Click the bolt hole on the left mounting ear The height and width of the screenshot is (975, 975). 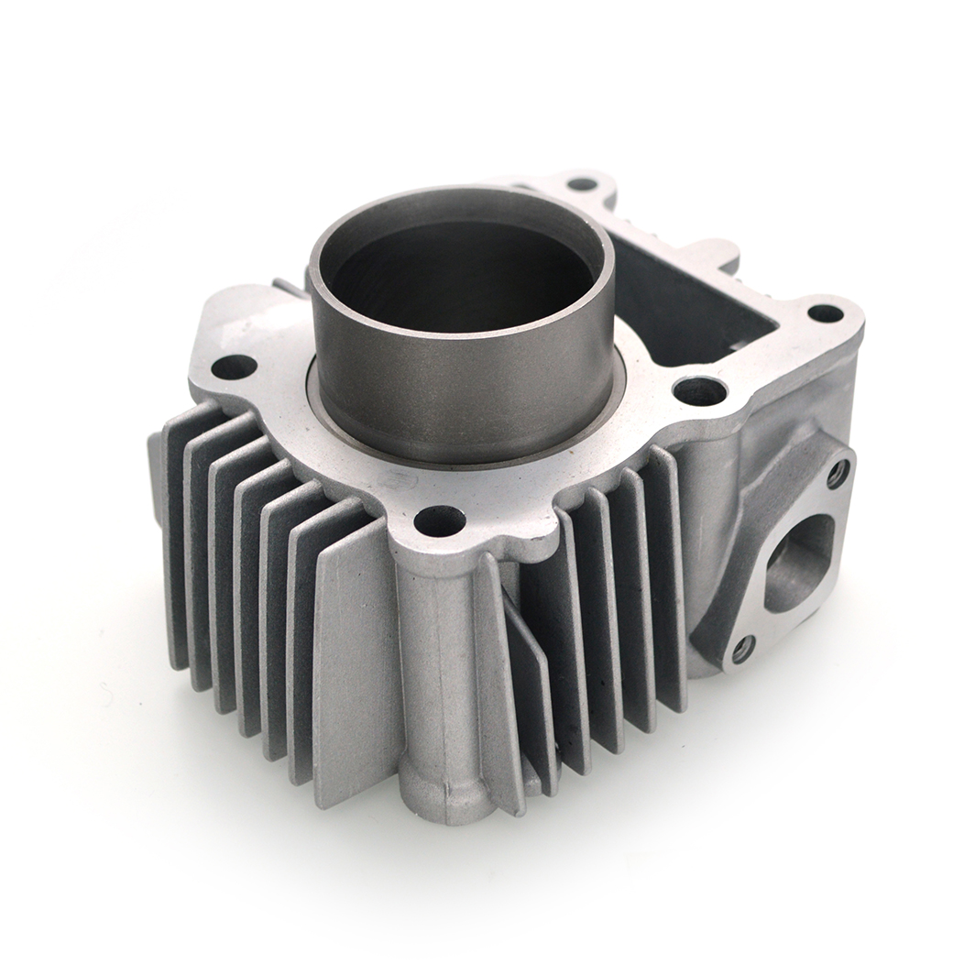pyautogui.click(x=234, y=367)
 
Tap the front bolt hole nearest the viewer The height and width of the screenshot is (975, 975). pyautogui.click(x=439, y=520)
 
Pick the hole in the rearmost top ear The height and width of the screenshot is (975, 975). pyautogui.click(x=582, y=183)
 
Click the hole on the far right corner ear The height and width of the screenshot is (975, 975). pyautogui.click(x=825, y=313)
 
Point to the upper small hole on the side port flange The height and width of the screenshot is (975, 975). pyautogui.click(x=836, y=473)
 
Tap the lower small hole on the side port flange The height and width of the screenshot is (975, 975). pyautogui.click(x=742, y=649)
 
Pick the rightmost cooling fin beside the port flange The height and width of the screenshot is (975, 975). pyautogui.click(x=669, y=586)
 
